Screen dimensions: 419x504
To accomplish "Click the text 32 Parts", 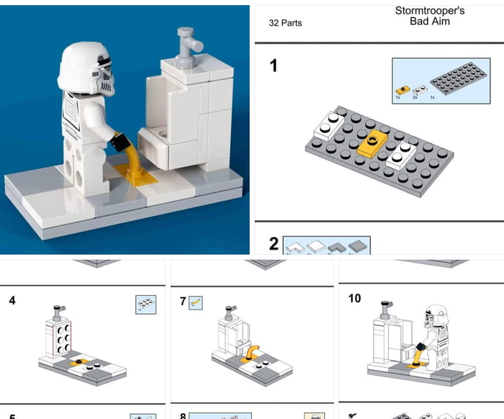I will click(285, 23).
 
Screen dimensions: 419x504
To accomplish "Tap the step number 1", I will click(274, 66).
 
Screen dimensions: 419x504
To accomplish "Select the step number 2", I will click(274, 244).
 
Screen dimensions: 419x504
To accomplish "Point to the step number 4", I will click(12, 300).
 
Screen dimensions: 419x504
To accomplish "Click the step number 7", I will click(183, 302).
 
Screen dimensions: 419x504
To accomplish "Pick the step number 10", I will click(354, 298).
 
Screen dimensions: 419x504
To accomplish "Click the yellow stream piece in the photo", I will click(133, 158).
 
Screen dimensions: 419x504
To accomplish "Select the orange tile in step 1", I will click(372, 143).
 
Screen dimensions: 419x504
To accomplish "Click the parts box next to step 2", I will click(326, 245).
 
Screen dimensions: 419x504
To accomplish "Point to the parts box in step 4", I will click(145, 304).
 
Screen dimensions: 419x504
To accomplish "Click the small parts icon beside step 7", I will click(195, 302).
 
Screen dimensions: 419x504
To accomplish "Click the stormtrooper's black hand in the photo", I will click(120, 138).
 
